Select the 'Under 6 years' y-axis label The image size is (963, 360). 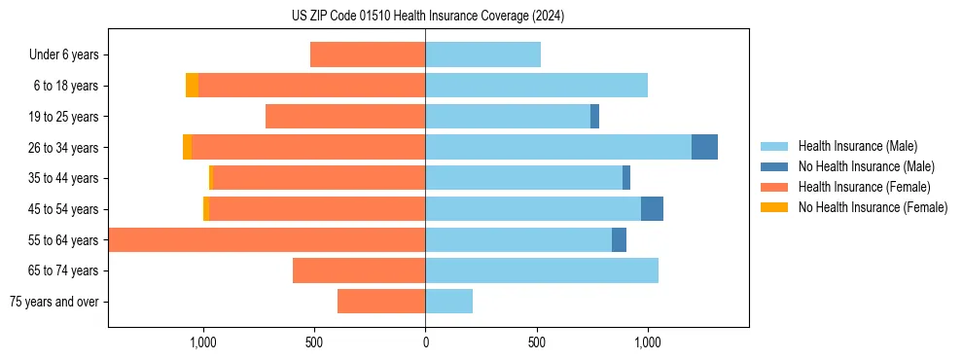tap(64, 55)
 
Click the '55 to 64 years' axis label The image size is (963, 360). tap(64, 240)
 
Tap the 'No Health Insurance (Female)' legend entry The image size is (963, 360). tap(873, 207)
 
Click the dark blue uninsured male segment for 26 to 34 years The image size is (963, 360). tap(704, 147)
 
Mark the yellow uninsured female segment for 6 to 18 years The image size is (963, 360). tap(192, 86)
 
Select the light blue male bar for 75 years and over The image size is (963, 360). tap(448, 302)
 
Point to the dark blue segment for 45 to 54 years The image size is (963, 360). tap(652, 209)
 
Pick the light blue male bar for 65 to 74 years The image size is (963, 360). tap(542, 270)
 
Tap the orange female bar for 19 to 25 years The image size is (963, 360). tap(345, 117)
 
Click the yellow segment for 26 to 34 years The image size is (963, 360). tap(187, 147)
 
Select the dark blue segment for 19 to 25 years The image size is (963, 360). tap(594, 117)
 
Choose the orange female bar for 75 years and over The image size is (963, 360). tap(381, 302)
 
